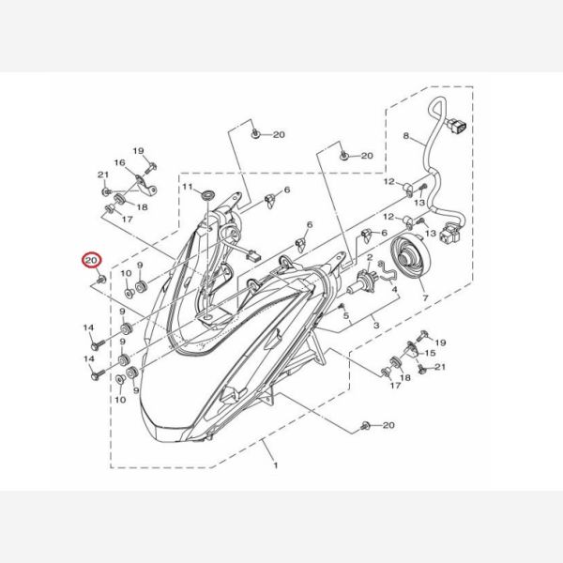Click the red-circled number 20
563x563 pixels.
91,260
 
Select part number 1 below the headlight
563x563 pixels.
276,465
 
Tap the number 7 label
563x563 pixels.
425,297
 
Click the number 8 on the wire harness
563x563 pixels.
405,136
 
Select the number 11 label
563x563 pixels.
188,187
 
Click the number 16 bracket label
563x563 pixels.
119,162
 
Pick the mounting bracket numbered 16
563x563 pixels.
146,185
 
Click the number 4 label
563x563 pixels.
395,289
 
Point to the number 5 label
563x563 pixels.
345,315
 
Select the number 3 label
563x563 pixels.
376,326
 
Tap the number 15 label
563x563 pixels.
430,353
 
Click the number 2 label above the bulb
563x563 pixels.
370,257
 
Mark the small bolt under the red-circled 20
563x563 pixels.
101,279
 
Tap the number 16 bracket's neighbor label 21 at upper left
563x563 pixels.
103,175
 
